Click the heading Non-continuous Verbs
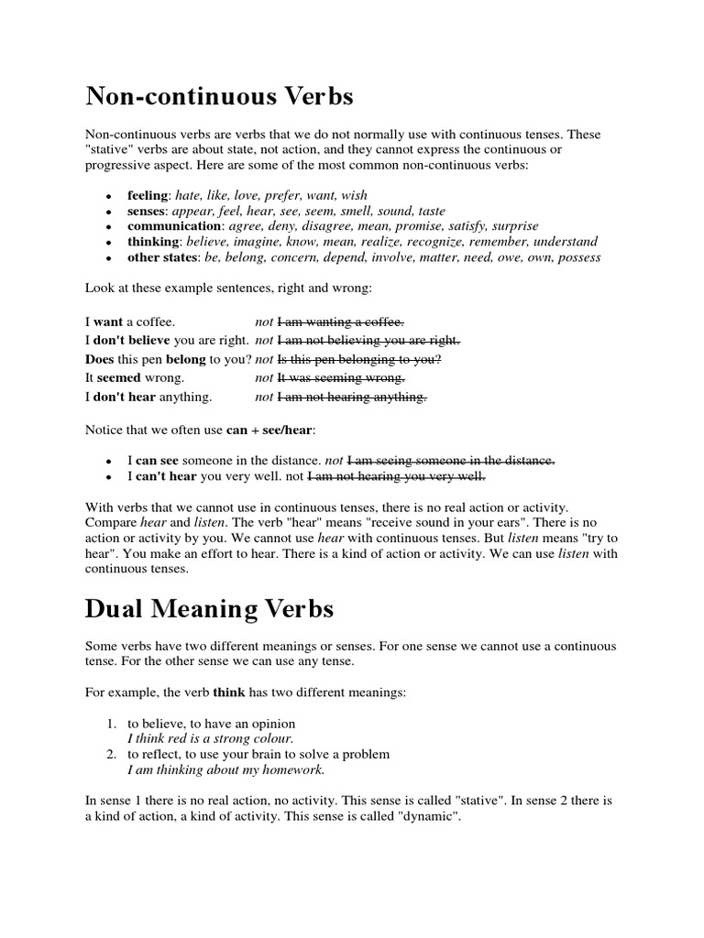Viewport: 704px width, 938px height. (x=219, y=96)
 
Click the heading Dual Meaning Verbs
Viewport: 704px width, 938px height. (x=210, y=608)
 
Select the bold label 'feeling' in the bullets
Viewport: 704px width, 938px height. (x=148, y=195)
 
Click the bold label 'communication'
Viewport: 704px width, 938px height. (x=175, y=226)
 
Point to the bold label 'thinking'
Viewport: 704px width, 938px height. (x=153, y=242)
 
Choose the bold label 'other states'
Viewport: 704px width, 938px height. (x=161, y=257)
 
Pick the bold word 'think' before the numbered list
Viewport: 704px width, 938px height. (x=230, y=693)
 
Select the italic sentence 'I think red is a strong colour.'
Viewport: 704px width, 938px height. (x=211, y=737)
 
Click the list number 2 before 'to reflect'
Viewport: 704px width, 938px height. (x=109, y=754)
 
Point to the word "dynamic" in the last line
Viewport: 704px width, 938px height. (x=425, y=816)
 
